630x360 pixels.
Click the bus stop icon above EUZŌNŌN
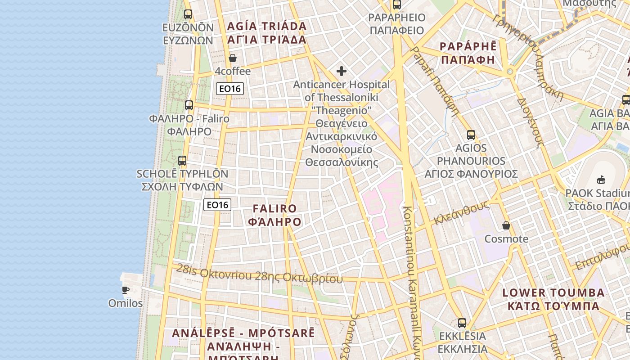click(188, 14)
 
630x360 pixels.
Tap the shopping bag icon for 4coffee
click(233, 58)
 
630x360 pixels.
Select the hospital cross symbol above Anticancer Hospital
click(342, 71)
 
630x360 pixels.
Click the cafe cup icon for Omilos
click(126, 290)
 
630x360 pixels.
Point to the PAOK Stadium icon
click(601, 180)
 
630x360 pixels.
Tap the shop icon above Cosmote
click(506, 225)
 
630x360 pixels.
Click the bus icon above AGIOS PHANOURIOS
click(471, 135)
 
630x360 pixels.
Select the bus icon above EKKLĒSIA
click(462, 323)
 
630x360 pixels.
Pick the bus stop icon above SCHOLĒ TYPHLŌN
click(182, 160)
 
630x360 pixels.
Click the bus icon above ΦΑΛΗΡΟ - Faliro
click(189, 105)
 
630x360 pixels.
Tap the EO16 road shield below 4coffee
click(230, 89)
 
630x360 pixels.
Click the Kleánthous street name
click(461, 213)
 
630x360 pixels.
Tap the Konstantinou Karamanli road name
click(412, 279)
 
